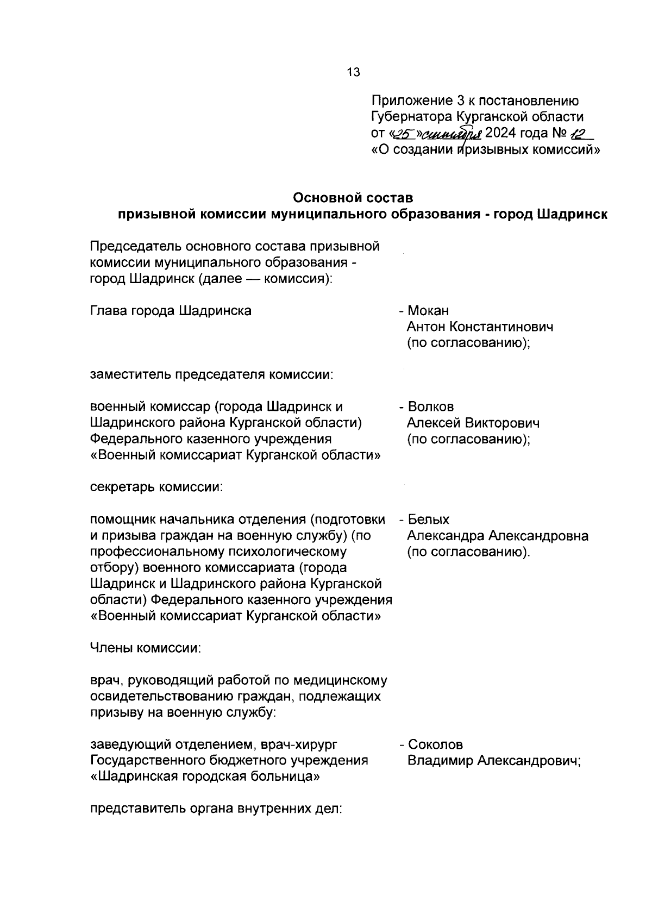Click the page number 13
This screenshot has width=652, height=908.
353,72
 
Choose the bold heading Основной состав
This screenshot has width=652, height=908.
353,197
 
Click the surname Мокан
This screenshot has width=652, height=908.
428,311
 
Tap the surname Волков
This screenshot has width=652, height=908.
430,407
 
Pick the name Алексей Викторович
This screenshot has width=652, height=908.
473,423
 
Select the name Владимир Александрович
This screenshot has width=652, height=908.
494,761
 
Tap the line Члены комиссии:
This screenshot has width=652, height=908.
146,648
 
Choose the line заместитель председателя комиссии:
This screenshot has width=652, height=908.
212,375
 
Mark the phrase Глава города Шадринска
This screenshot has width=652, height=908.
171,311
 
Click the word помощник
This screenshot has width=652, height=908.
121,520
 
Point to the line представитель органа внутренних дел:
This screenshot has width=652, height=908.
216,809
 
